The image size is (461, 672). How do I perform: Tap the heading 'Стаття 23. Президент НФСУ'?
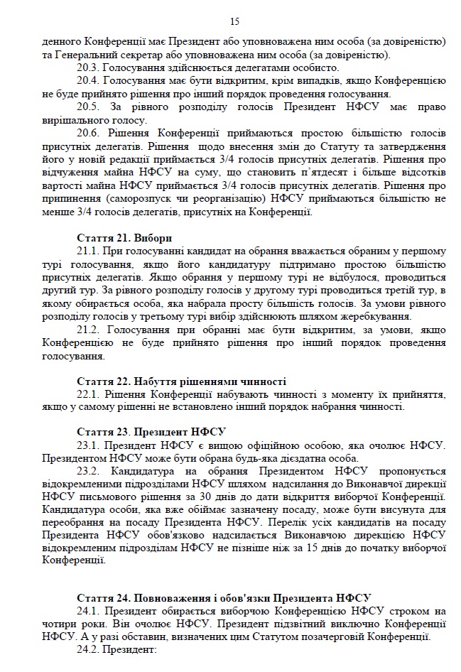(x=150, y=432)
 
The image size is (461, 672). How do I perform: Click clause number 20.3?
(x=89, y=69)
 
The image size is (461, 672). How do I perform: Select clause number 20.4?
(x=89, y=81)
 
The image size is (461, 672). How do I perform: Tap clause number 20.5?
(x=89, y=107)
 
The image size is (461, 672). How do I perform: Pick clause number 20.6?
(x=89, y=133)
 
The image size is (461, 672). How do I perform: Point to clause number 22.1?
(x=89, y=394)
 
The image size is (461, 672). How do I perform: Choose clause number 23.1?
(x=89, y=445)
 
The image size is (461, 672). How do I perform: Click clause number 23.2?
(x=89, y=470)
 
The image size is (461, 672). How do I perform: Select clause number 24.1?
(x=89, y=611)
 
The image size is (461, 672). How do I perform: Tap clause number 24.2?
(x=89, y=649)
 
